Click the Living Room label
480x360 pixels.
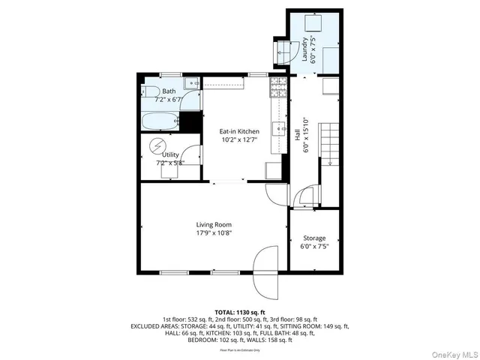214,224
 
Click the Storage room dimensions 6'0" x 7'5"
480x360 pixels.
313,246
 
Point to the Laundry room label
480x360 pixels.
305,49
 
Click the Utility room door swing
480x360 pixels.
192,154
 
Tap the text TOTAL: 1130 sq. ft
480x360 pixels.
239,312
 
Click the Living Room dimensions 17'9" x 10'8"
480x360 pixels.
214,232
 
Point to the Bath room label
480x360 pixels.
169,91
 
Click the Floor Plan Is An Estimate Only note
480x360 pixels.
239,349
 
